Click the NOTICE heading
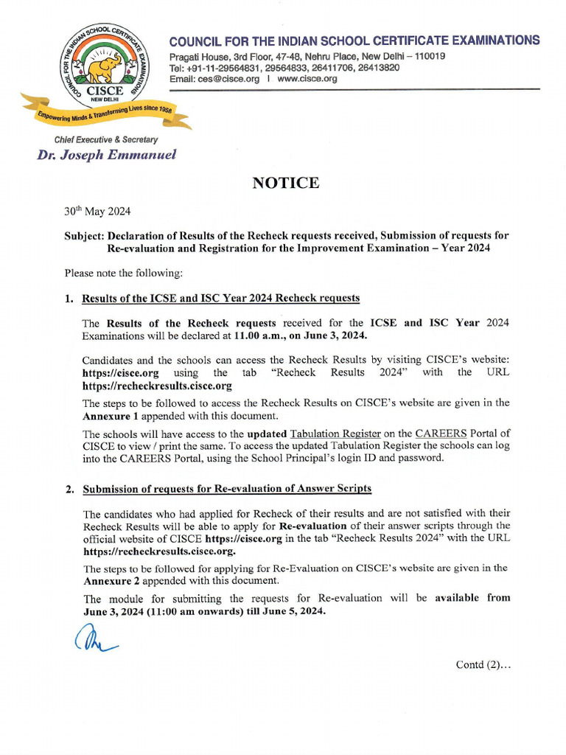pyautogui.click(x=286, y=183)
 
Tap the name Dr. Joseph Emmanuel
pyautogui.click(x=107, y=155)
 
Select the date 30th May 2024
pyautogui.click(x=97, y=212)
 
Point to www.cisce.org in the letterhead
pyautogui.click(x=308, y=79)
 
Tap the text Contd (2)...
pyautogui.click(x=483, y=664)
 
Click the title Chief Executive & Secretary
pyautogui.click(x=105, y=139)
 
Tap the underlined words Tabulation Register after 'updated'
pyautogui.click(x=335, y=434)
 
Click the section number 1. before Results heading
pyautogui.click(x=69, y=299)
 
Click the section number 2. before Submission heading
pyautogui.click(x=69, y=489)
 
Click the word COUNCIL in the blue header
pyautogui.click(x=196, y=41)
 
